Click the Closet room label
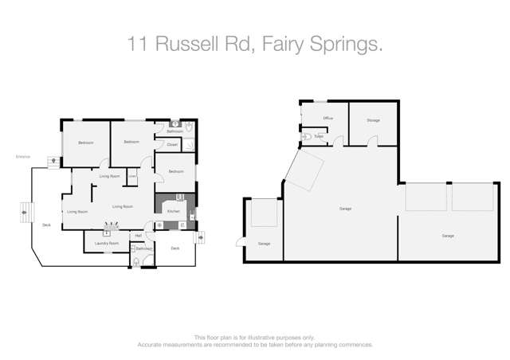coord(172,144)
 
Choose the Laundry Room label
coord(106,242)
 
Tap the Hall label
coord(138,236)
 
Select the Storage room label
coord(373,120)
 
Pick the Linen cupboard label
coord(132,176)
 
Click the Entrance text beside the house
coord(23,156)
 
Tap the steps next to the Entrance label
coord(53,160)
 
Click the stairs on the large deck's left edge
coord(25,213)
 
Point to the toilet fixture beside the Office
coord(307,137)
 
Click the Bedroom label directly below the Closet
coord(176,172)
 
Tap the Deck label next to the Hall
coord(175,248)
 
